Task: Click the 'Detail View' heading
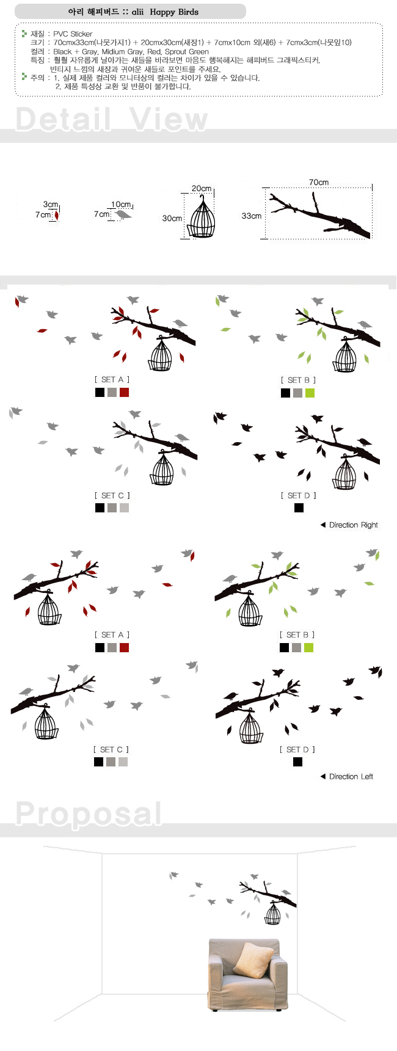[111, 118]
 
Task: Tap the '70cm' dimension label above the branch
[318, 182]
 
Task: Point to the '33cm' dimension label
[251, 216]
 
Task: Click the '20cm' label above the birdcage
[202, 189]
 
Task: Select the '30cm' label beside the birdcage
[172, 218]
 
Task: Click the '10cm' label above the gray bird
[121, 205]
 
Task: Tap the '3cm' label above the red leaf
[51, 205]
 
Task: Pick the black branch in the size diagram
[321, 215]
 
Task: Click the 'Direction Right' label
[349, 525]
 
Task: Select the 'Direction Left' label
[347, 776]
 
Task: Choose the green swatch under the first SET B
[310, 393]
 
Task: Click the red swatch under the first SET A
[124, 392]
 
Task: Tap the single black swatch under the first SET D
[299, 507]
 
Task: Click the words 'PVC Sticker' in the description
[73, 34]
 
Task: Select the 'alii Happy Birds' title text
[165, 12]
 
